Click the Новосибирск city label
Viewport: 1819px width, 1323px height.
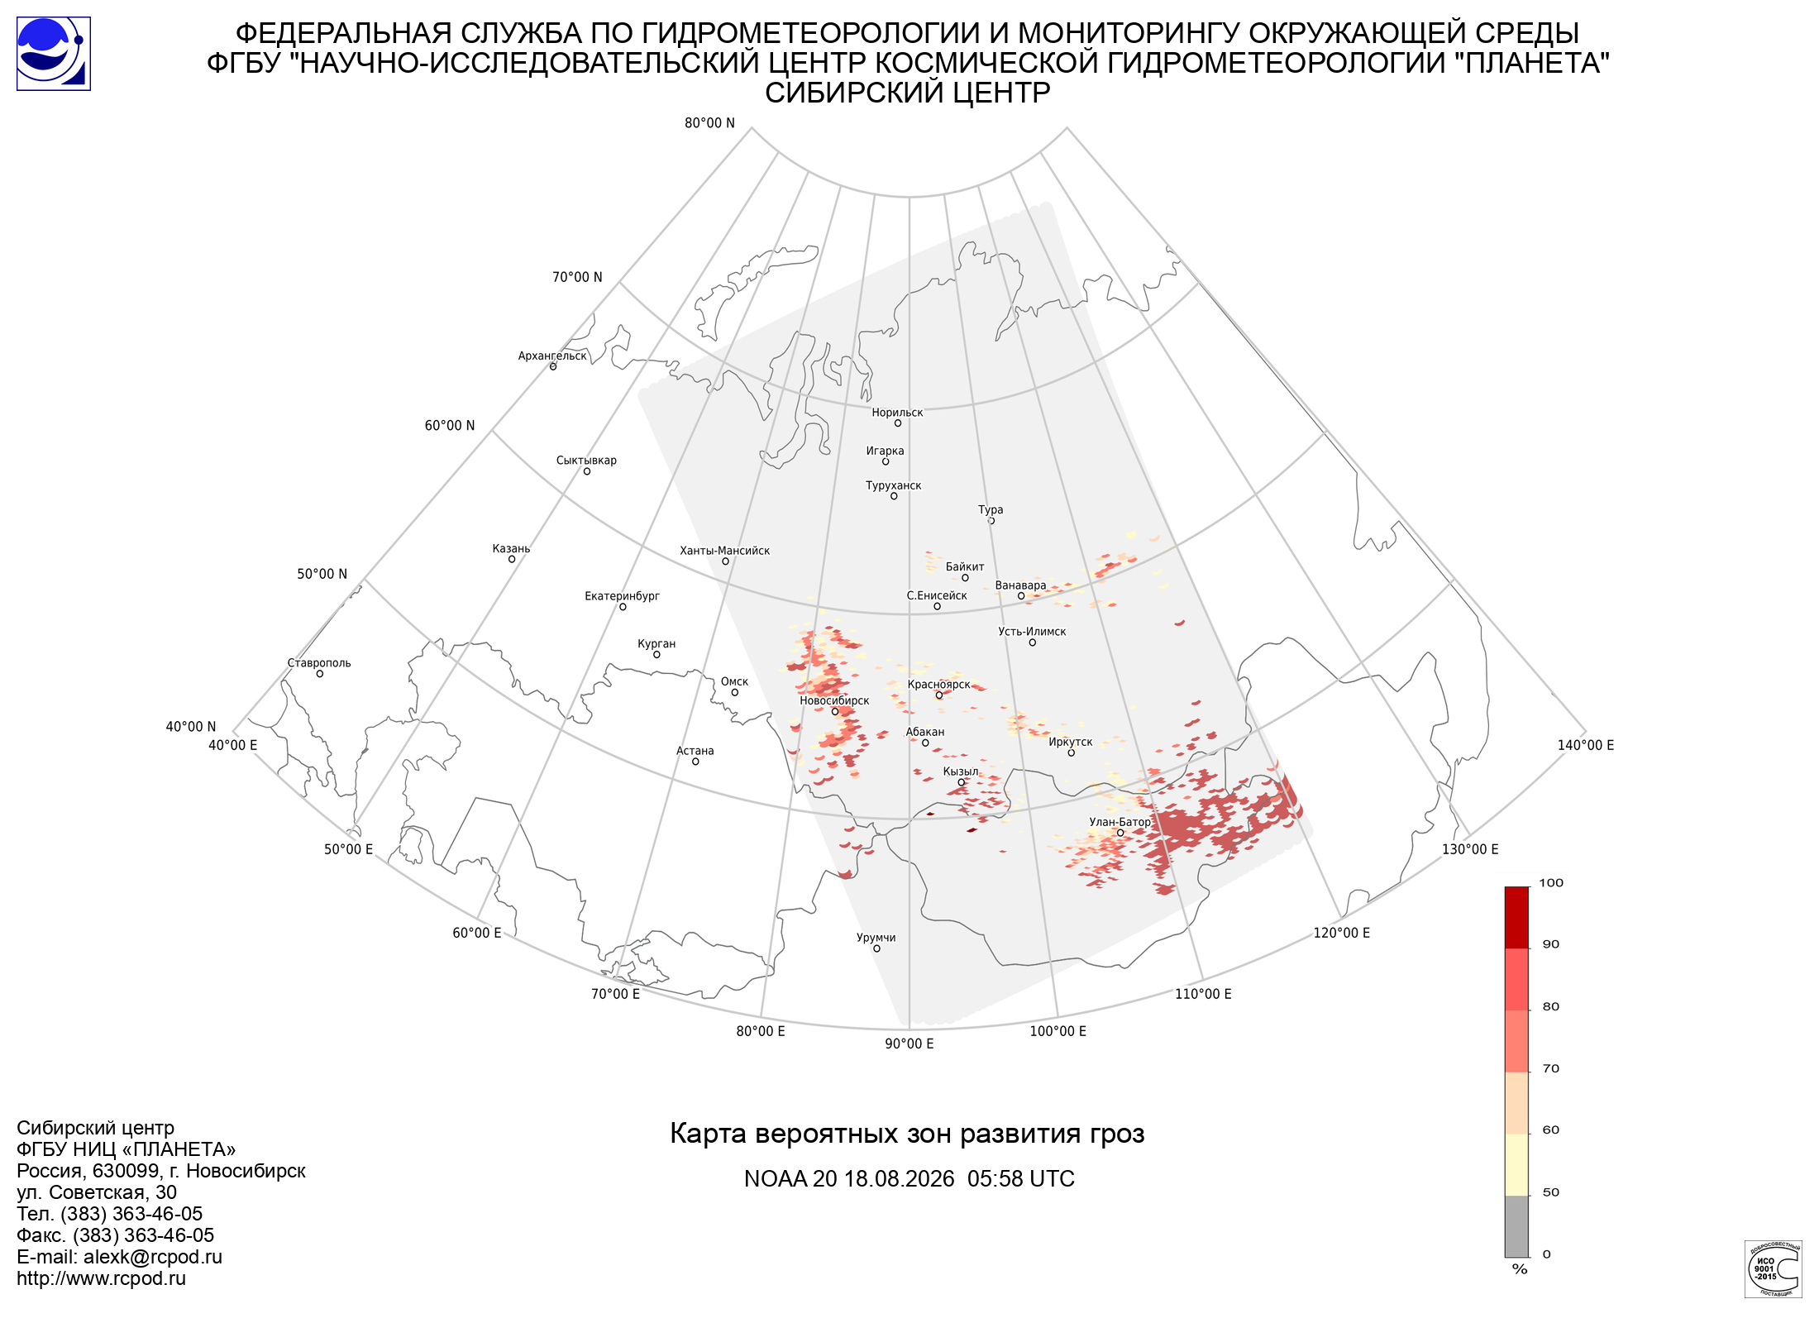(x=834, y=700)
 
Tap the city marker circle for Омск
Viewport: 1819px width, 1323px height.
(x=734, y=693)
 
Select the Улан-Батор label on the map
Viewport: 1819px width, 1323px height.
(x=1120, y=822)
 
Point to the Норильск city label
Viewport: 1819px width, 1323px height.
(x=897, y=413)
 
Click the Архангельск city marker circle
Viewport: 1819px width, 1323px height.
(x=553, y=366)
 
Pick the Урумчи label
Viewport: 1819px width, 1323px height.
(x=876, y=938)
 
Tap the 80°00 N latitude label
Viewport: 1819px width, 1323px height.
(x=709, y=123)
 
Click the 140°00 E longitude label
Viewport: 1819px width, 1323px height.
(x=1586, y=745)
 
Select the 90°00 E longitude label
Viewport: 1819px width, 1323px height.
(x=909, y=1044)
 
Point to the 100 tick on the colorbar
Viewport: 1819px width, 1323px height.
(x=1551, y=883)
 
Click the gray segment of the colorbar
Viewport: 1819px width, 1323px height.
(x=1516, y=1226)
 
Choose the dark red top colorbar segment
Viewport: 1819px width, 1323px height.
(x=1516, y=918)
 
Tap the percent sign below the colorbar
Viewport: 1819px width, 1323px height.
(x=1520, y=1269)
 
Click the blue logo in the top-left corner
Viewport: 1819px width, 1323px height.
(x=54, y=54)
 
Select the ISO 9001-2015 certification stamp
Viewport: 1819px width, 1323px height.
(x=1773, y=1268)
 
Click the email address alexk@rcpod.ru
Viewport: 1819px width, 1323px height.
(x=153, y=1257)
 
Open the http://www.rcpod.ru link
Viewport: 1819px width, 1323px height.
(x=101, y=1278)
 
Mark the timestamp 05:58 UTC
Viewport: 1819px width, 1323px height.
(x=1021, y=1179)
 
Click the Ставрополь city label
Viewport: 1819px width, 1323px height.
(x=319, y=663)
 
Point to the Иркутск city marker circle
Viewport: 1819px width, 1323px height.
(x=1071, y=753)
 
